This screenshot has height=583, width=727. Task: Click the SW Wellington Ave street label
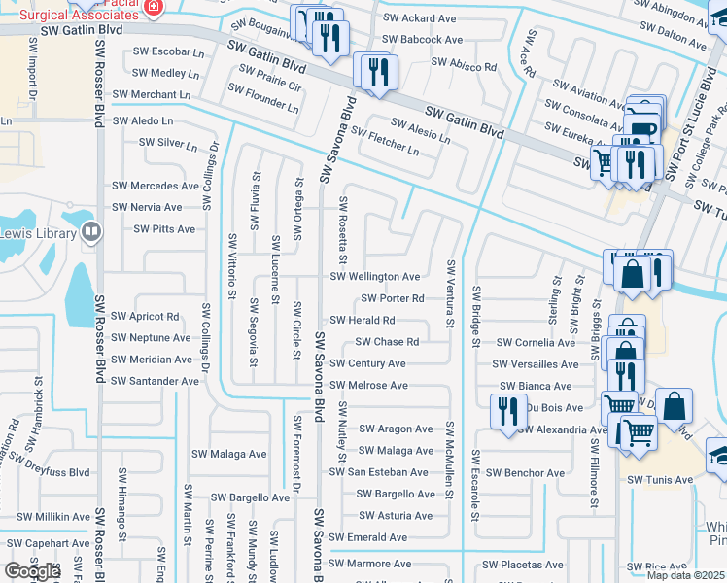click(x=375, y=277)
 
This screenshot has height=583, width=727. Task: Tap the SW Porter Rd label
click(x=393, y=298)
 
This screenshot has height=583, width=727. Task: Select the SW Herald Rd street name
click(x=363, y=320)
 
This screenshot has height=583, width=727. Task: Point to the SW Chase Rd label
click(x=387, y=342)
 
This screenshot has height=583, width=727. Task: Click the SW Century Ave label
click(x=367, y=363)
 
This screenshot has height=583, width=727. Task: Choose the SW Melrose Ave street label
click(x=368, y=386)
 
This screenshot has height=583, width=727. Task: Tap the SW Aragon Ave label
click(x=396, y=429)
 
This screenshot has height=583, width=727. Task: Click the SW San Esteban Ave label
click(x=378, y=472)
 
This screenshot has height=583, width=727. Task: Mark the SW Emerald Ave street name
click(x=367, y=537)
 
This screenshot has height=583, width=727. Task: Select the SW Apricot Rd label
click(x=145, y=317)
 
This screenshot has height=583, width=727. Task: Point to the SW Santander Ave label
click(x=155, y=381)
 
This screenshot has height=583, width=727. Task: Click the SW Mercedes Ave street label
click(x=156, y=186)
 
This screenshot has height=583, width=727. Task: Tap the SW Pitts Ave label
click(x=164, y=229)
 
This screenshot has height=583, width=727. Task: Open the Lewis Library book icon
click(x=91, y=231)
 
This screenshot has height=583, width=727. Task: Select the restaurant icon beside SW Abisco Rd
click(x=375, y=70)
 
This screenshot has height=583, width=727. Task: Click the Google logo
click(x=31, y=571)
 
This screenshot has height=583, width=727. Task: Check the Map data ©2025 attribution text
click(x=684, y=575)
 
